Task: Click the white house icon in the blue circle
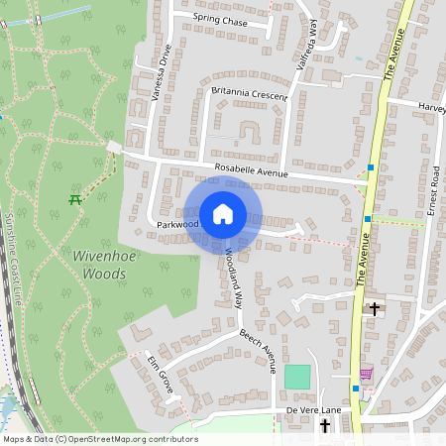223,214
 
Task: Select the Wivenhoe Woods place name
99,263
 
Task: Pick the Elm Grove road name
161,374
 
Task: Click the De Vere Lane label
313,409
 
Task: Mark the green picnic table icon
75,199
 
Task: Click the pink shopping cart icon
366,374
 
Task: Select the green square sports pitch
297,377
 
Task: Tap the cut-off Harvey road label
431,107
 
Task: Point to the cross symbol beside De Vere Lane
326,425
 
